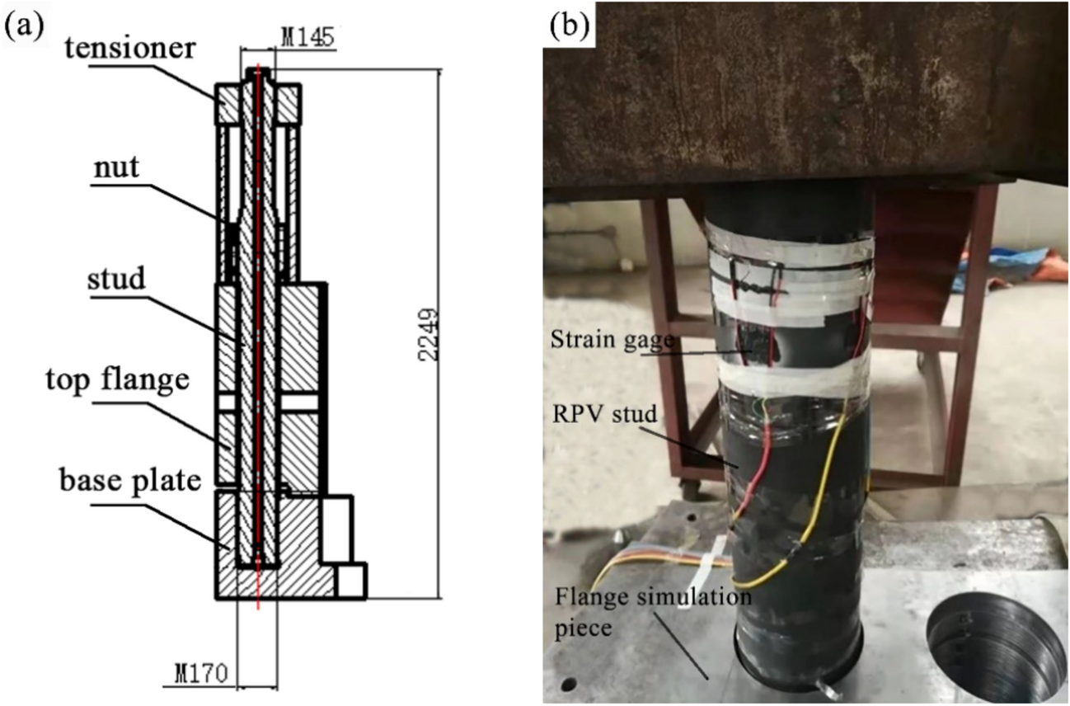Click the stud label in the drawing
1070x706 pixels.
(x=116, y=280)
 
